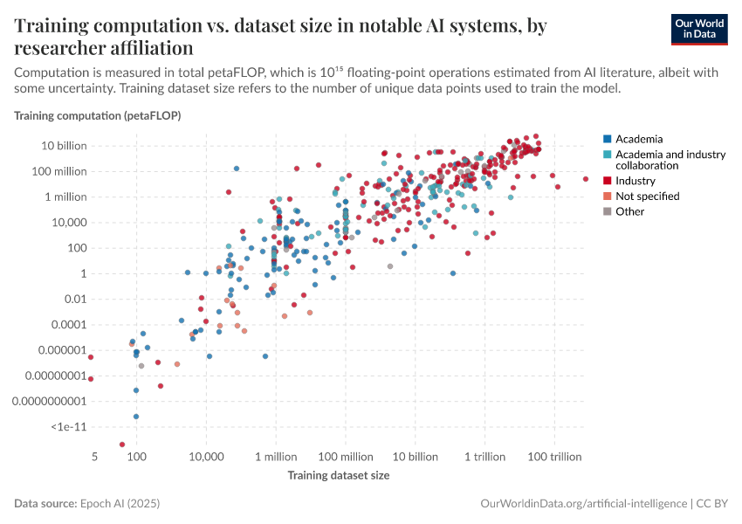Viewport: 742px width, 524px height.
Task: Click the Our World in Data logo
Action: pos(698,29)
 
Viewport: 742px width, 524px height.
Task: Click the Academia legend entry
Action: pos(638,139)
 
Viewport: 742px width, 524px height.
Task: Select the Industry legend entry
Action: pos(635,181)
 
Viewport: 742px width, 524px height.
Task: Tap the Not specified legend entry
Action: pos(647,196)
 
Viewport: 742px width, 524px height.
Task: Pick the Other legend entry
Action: pos(629,211)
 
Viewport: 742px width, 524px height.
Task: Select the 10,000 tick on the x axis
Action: pos(206,458)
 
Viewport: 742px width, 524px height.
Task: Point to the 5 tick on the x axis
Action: pos(93,458)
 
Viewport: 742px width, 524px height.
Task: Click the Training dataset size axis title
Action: pos(339,476)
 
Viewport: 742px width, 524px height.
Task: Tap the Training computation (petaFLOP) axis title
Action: pos(97,115)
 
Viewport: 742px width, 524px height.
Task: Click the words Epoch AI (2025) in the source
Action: pos(119,504)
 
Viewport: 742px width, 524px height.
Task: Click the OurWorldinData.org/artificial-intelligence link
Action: pos(583,504)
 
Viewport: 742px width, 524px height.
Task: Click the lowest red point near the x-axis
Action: pos(122,445)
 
